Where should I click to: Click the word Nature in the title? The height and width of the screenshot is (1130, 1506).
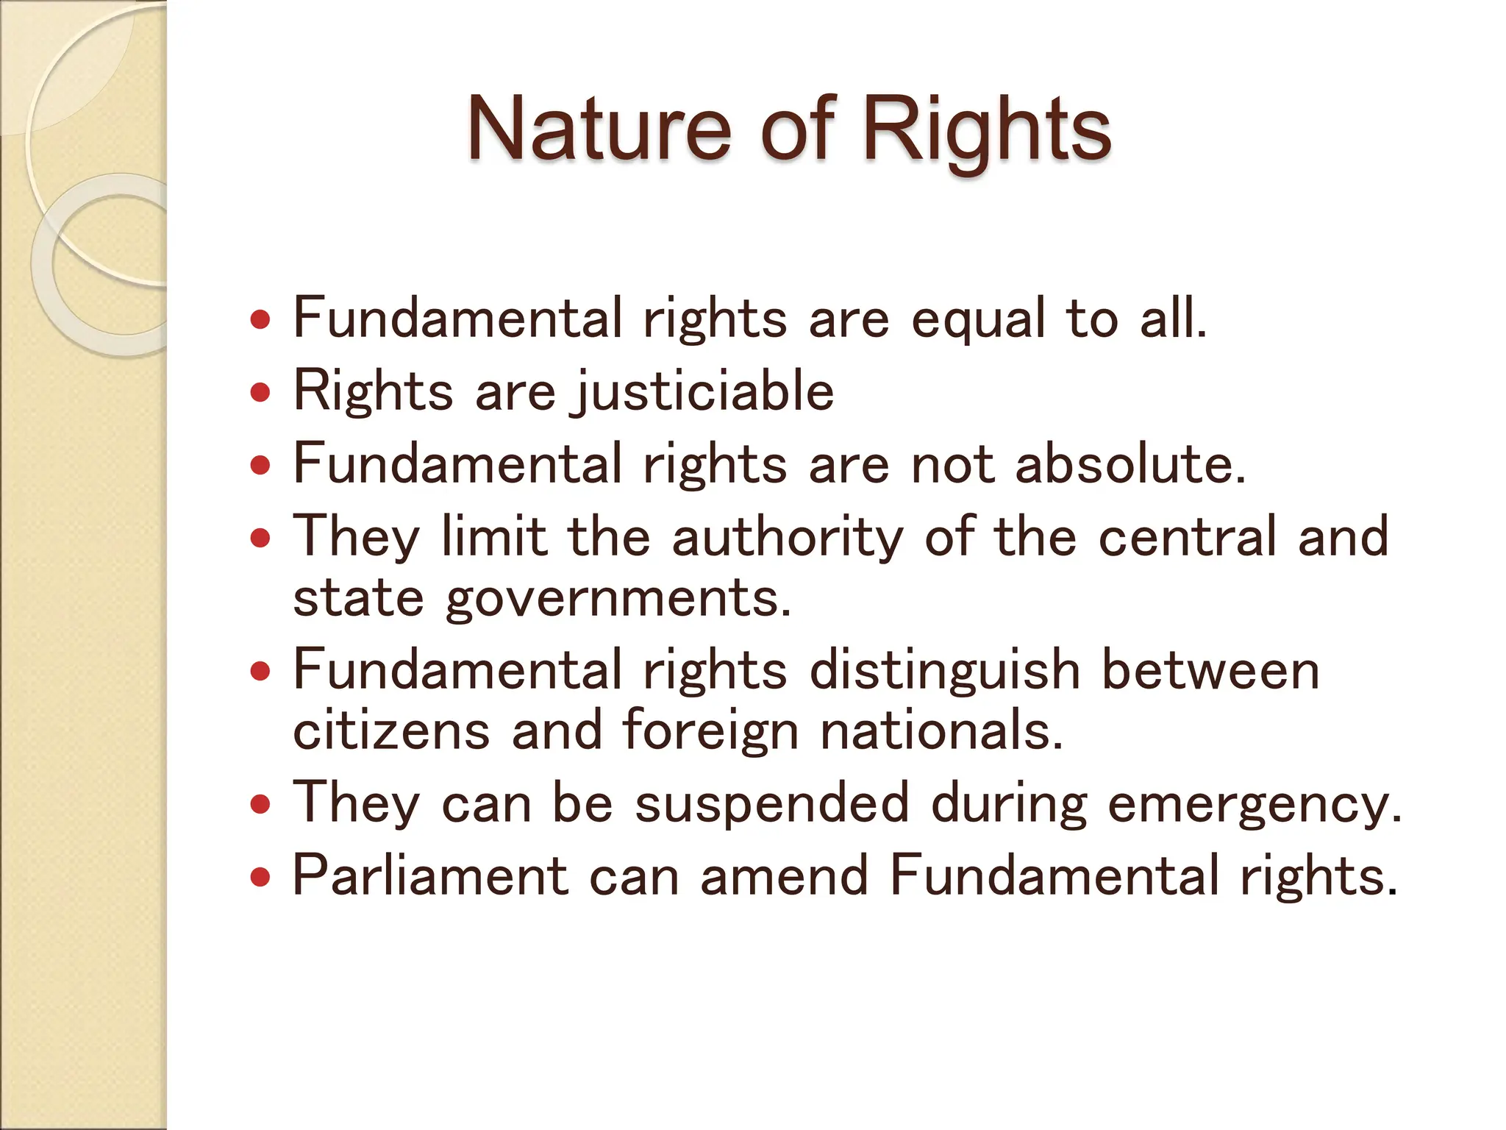pos(599,129)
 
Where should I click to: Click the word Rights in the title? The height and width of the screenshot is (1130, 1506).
pos(985,129)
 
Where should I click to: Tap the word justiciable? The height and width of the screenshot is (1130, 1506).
pos(705,391)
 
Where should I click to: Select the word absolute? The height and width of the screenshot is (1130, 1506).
pos(1130,464)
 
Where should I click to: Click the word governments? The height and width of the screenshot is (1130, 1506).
pos(618,597)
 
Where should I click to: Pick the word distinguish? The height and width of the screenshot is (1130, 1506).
pos(945,670)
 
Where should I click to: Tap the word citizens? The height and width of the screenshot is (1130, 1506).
pos(391,730)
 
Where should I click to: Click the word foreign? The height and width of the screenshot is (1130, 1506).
pos(710,730)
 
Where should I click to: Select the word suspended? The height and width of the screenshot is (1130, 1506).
pos(772,803)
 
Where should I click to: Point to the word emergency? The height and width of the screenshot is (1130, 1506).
pos(1255,803)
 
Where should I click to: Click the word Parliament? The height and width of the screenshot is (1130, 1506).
pos(430,875)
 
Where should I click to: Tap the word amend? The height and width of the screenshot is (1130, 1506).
pos(784,875)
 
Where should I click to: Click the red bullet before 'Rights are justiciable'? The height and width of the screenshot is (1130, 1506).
pos(260,392)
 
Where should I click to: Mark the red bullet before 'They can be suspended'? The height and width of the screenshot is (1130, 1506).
pos(260,803)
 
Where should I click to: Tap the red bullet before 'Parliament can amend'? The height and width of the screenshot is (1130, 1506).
pos(260,876)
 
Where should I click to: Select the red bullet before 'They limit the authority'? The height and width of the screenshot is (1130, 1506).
pos(260,538)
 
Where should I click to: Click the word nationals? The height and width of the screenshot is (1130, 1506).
pos(941,730)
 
